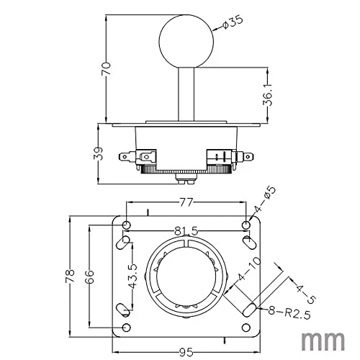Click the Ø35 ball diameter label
pyautogui.click(x=233, y=22)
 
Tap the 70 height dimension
pyautogui.click(x=106, y=69)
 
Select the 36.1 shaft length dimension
pyautogui.click(x=267, y=95)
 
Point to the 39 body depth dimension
pyautogui.click(x=98, y=153)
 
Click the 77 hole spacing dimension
pyautogui.click(x=186, y=202)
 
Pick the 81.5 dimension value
pyautogui.click(x=186, y=231)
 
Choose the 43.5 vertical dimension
pyautogui.click(x=132, y=276)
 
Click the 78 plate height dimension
pyautogui.click(x=70, y=276)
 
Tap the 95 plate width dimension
pyautogui.click(x=186, y=352)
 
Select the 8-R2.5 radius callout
pyautogui.click(x=289, y=312)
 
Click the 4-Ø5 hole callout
pyautogui.click(x=265, y=199)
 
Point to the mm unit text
pyautogui.click(x=323, y=341)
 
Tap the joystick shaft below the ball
pyautogui.click(x=186, y=94)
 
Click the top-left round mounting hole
pyautogui.click(x=127, y=225)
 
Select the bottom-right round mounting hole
pyautogui.click(x=246, y=328)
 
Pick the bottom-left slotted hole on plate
pyautogui.click(x=123, y=310)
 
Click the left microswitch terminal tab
pyautogui.click(x=125, y=157)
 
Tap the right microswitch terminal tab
pyautogui.click(x=248, y=157)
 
